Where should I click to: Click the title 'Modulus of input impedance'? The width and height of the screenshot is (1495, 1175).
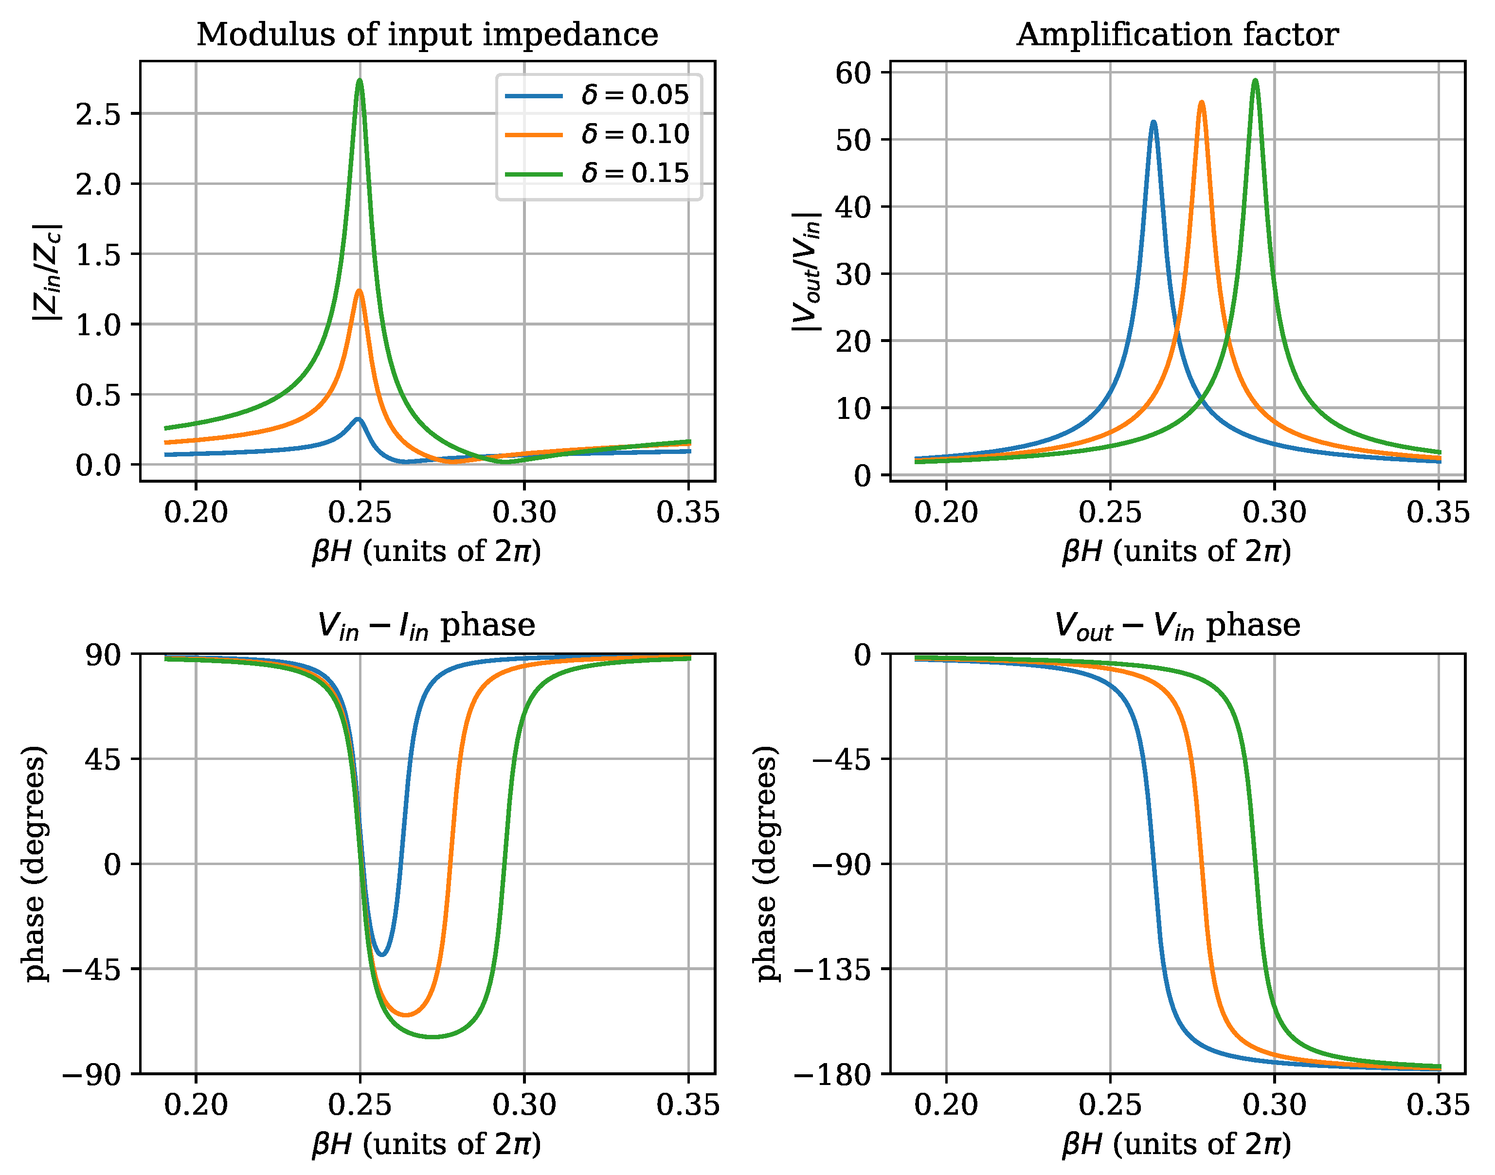pos(427,35)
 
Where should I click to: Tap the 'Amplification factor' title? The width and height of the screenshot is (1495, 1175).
pos(1177,35)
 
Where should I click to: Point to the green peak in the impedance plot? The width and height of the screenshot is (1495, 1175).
pos(360,80)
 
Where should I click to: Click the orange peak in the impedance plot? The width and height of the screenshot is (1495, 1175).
pos(360,291)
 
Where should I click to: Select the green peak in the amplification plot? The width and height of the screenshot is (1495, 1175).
pos(1255,80)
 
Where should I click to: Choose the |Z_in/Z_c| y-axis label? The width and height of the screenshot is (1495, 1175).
pos(48,272)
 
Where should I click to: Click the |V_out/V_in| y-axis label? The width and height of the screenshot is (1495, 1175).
pos(806,272)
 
